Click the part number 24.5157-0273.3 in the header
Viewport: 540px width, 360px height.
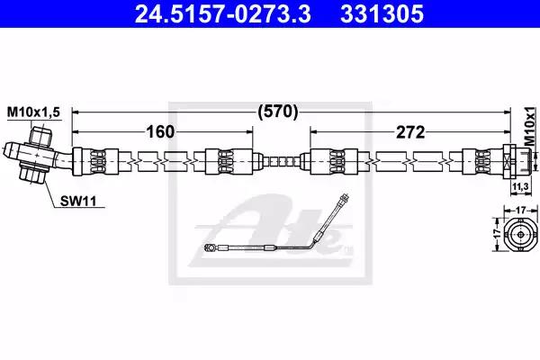[223, 13]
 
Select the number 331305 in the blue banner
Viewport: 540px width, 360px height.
[382, 13]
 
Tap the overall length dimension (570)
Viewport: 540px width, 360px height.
[277, 112]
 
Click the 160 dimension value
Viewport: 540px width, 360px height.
[161, 131]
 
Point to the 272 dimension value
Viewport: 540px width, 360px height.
[410, 132]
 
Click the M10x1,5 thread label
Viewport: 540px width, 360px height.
[33, 112]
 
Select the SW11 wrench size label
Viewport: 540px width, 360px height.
[78, 201]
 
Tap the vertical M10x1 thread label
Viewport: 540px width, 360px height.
[531, 126]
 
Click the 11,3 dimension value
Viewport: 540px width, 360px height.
[520, 187]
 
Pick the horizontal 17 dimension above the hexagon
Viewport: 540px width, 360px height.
[521, 210]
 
